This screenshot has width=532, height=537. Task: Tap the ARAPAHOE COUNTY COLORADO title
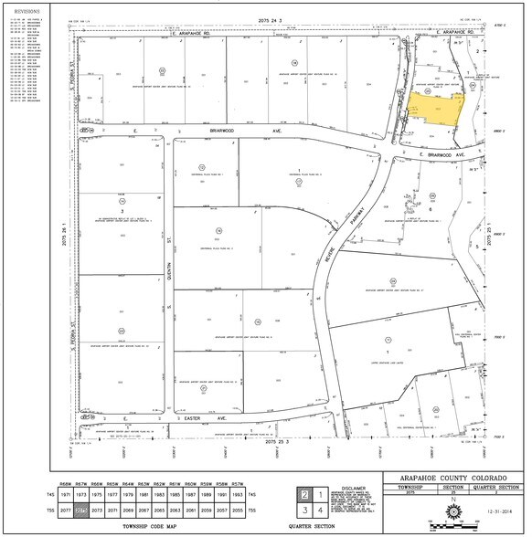pyautogui.click(x=453, y=477)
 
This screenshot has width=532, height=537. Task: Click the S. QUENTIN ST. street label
pyautogui.click(x=168, y=278)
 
